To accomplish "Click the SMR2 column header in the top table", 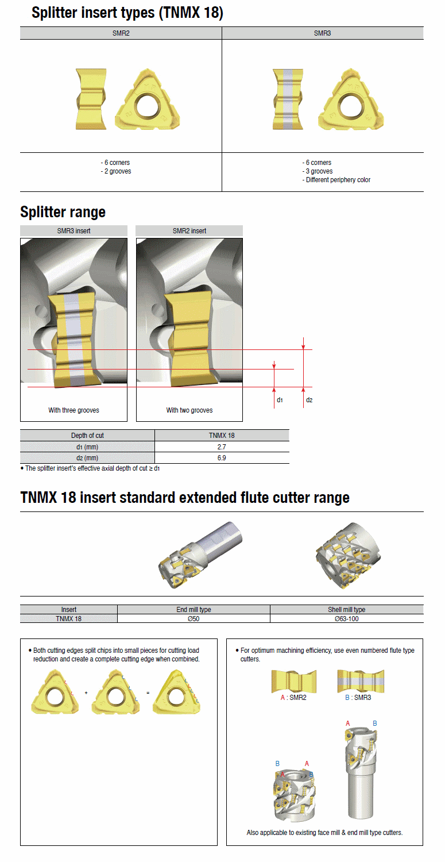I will tap(121, 33).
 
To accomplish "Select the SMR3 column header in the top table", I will tap(322, 33).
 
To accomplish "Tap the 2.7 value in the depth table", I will tap(222, 447).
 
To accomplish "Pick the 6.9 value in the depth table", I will tap(222, 458).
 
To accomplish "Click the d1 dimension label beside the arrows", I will tap(280, 399).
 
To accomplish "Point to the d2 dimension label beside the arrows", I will tap(309, 399).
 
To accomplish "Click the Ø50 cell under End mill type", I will tap(194, 618).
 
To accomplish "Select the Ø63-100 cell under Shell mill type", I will tap(346, 618).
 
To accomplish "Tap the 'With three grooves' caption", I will tap(73, 410).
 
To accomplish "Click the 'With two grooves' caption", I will tap(189, 410).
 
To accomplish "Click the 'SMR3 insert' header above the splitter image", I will tap(73, 230).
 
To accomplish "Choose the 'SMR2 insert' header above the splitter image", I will tap(189, 230).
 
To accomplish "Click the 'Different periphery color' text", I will tap(336, 180).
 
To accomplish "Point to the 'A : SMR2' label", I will tap(293, 698).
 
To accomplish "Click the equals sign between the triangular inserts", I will tap(148, 693).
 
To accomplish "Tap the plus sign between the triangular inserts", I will tap(86, 693).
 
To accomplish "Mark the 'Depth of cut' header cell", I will tap(87, 436).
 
